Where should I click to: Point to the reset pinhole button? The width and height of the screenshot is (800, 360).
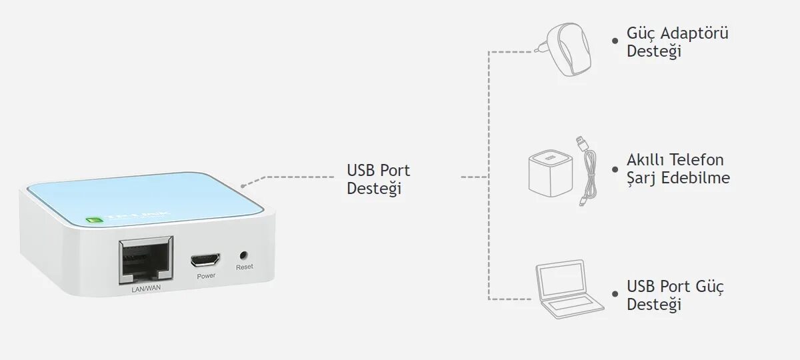coord(243,255)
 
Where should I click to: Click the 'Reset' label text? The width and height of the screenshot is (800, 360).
coord(244,267)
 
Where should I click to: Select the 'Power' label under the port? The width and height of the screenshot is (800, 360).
coord(206,275)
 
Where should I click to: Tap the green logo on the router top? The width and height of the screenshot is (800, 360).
coord(93,219)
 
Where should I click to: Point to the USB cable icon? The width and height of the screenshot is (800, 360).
coord(587,171)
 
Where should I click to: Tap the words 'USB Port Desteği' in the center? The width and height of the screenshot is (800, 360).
coord(378,179)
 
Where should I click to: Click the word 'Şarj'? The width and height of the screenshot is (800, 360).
coord(641,179)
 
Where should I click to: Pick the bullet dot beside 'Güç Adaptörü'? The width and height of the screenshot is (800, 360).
coord(615,41)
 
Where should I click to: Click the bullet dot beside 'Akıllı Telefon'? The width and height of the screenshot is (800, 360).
coord(615,169)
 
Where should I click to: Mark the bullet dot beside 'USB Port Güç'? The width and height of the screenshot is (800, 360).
coord(615,294)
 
